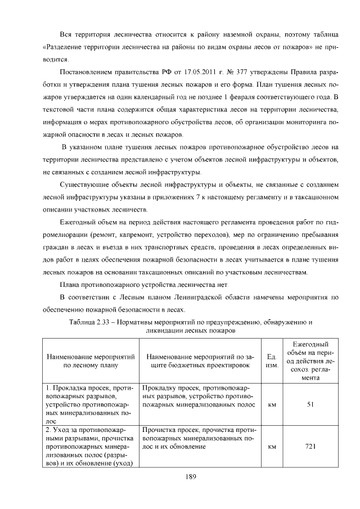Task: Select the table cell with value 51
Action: pos(310,404)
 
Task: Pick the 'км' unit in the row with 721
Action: pos(272,447)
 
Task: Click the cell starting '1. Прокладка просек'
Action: pos(91,404)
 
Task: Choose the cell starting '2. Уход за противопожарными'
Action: pos(91,446)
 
